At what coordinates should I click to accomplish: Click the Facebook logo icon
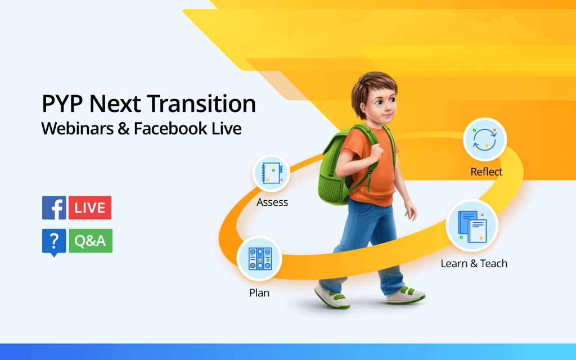coord(54,208)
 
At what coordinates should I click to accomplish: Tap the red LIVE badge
coord(90,208)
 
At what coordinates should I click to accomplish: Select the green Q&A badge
coord(91,241)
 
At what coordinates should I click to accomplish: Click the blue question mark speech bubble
coord(54,242)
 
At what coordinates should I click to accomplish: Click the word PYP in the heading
coord(62,103)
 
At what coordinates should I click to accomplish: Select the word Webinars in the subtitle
coord(78,128)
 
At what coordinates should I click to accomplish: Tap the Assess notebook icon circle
coord(272,173)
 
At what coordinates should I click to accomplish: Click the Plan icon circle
coord(260,258)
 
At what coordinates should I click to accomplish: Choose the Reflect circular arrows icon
coord(485,139)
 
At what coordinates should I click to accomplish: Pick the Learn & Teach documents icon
coord(472,226)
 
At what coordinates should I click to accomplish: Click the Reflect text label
coord(487,172)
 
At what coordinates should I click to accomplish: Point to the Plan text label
coord(259,292)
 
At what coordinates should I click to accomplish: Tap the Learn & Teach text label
coord(474,263)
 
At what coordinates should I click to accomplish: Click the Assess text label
coord(272,202)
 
